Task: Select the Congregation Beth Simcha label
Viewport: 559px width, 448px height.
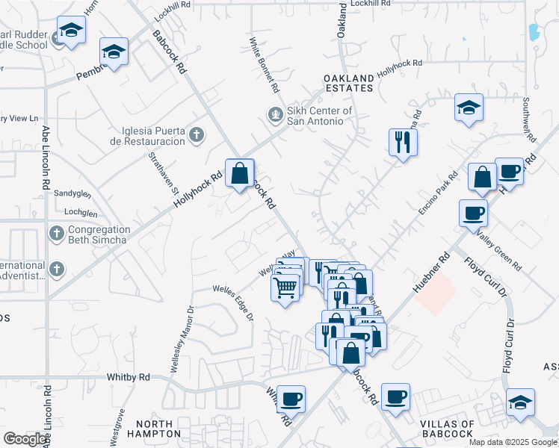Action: [99, 234]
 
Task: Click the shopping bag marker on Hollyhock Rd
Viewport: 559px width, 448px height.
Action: [239, 174]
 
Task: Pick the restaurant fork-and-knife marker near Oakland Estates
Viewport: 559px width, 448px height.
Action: [403, 142]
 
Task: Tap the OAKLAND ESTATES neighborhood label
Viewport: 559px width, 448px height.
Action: [348, 83]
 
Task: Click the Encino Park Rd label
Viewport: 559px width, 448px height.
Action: [438, 193]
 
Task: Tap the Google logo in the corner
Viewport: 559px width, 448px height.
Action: [25, 438]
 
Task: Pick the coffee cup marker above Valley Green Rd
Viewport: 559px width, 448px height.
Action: [473, 213]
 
